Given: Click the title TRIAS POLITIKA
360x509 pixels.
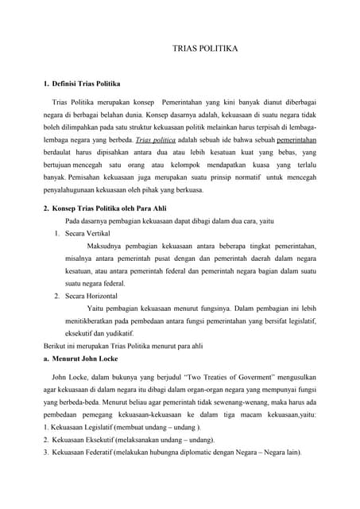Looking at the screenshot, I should [205, 49].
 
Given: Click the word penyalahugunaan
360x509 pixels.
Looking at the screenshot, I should [72, 190].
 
